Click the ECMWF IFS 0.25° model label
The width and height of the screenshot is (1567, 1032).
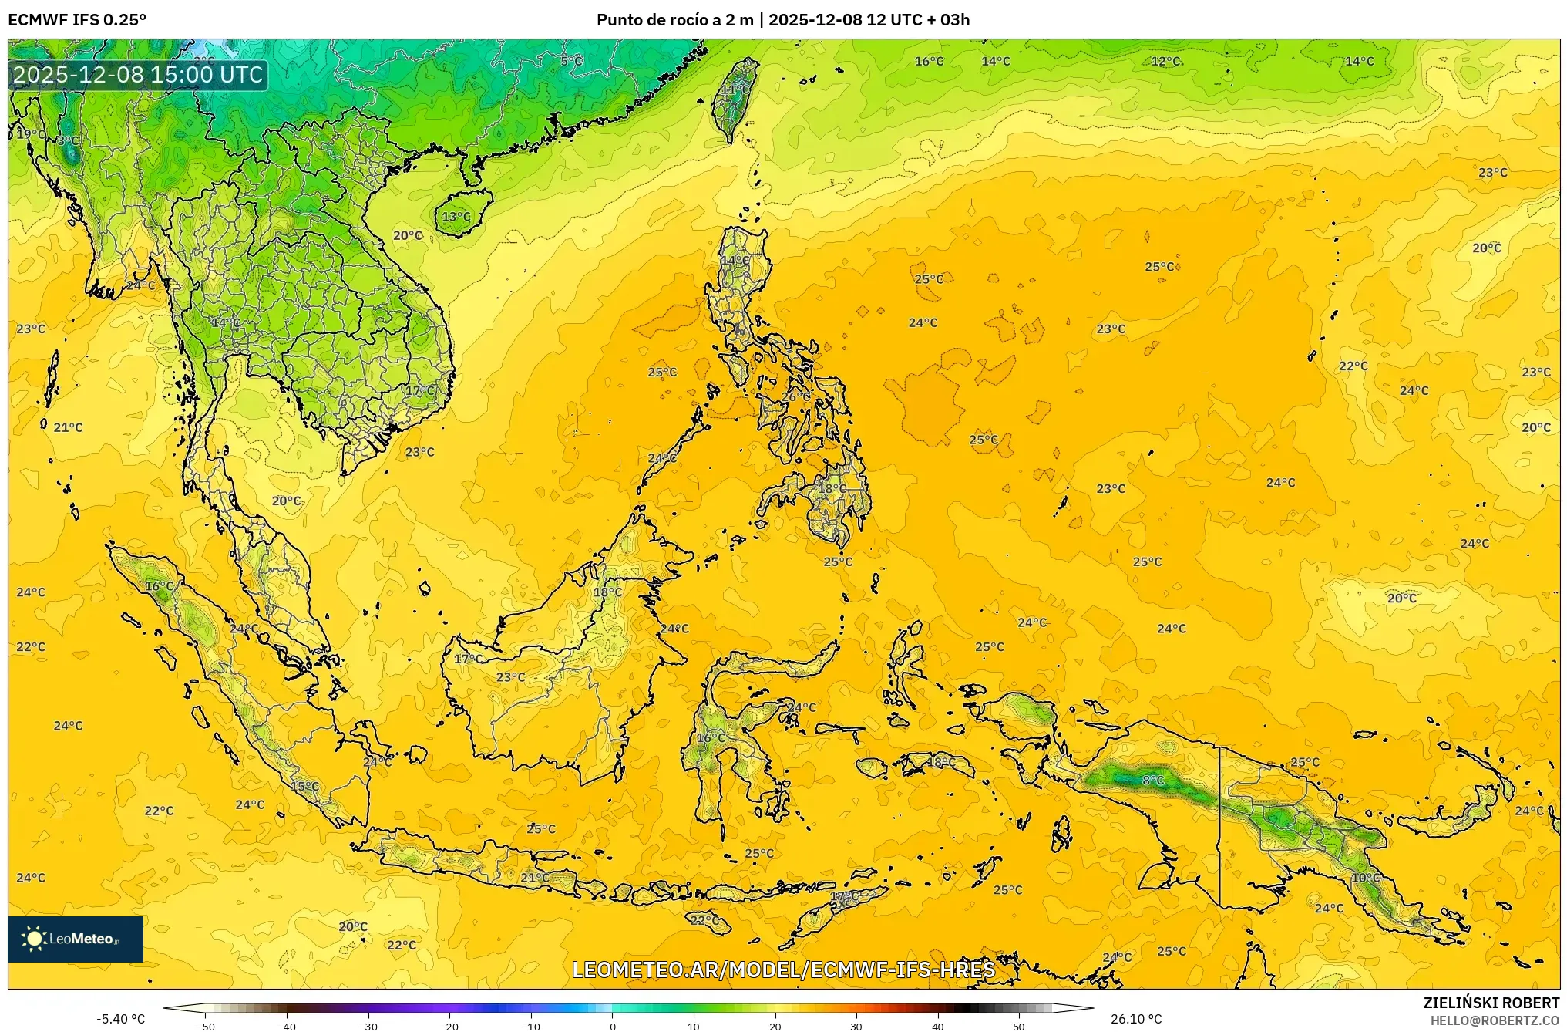click(77, 20)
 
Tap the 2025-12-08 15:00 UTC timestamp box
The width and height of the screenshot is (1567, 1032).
click(138, 75)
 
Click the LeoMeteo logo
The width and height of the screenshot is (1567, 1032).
click(75, 939)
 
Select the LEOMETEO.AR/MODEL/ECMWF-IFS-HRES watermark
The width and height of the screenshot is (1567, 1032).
click(783, 970)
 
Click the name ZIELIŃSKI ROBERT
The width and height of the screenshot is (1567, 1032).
click(1491, 1003)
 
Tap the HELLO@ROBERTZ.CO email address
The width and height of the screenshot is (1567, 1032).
click(1495, 1020)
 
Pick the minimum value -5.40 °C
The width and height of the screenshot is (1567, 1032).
click(120, 1019)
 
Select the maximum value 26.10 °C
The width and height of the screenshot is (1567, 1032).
click(1136, 1019)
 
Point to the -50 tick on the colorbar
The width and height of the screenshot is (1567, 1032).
click(206, 1026)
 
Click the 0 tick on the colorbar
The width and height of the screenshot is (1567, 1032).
click(613, 1026)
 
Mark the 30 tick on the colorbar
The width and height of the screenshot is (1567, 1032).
click(856, 1026)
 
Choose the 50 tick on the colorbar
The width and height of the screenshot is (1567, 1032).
click(1019, 1026)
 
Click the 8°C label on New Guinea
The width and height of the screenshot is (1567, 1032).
click(1153, 781)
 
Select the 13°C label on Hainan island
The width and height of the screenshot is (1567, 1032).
click(456, 217)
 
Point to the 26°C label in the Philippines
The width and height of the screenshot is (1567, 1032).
click(796, 396)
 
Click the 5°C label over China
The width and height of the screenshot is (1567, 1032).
click(571, 61)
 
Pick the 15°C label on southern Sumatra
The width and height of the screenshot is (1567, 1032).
click(304, 787)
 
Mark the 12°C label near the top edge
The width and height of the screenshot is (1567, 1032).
click(1165, 61)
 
